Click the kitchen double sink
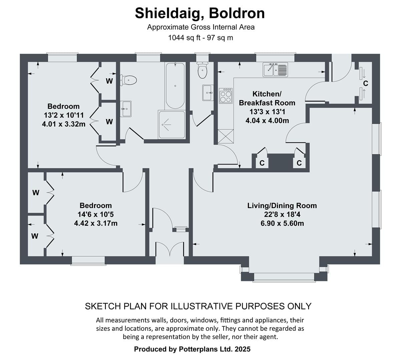(x=275, y=69)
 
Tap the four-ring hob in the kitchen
(x=226, y=96)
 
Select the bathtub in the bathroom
(x=175, y=85)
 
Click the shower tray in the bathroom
(x=171, y=125)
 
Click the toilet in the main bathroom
(x=128, y=80)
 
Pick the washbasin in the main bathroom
(x=125, y=109)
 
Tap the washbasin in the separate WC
(x=208, y=93)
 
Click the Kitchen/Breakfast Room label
(x=267, y=98)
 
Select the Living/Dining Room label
(x=282, y=206)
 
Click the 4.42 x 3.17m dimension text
(x=96, y=223)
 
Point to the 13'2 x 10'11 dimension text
(x=64, y=115)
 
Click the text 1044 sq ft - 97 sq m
(x=200, y=37)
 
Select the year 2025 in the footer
(x=243, y=349)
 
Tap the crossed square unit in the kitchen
(x=226, y=136)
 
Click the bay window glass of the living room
(x=284, y=276)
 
